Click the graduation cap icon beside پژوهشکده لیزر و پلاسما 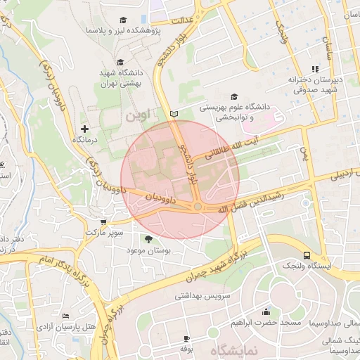click(x=124, y=20)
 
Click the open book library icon click(x=174, y=114)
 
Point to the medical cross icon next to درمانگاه click(x=85, y=129)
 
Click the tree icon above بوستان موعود click(x=147, y=240)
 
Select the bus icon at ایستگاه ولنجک click(x=307, y=255)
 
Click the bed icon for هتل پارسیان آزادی click(x=65, y=317)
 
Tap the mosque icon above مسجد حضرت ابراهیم click(x=265, y=311)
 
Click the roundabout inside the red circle click(x=198, y=206)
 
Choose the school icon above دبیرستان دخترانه click(x=315, y=69)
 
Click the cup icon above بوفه click(x=186, y=338)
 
